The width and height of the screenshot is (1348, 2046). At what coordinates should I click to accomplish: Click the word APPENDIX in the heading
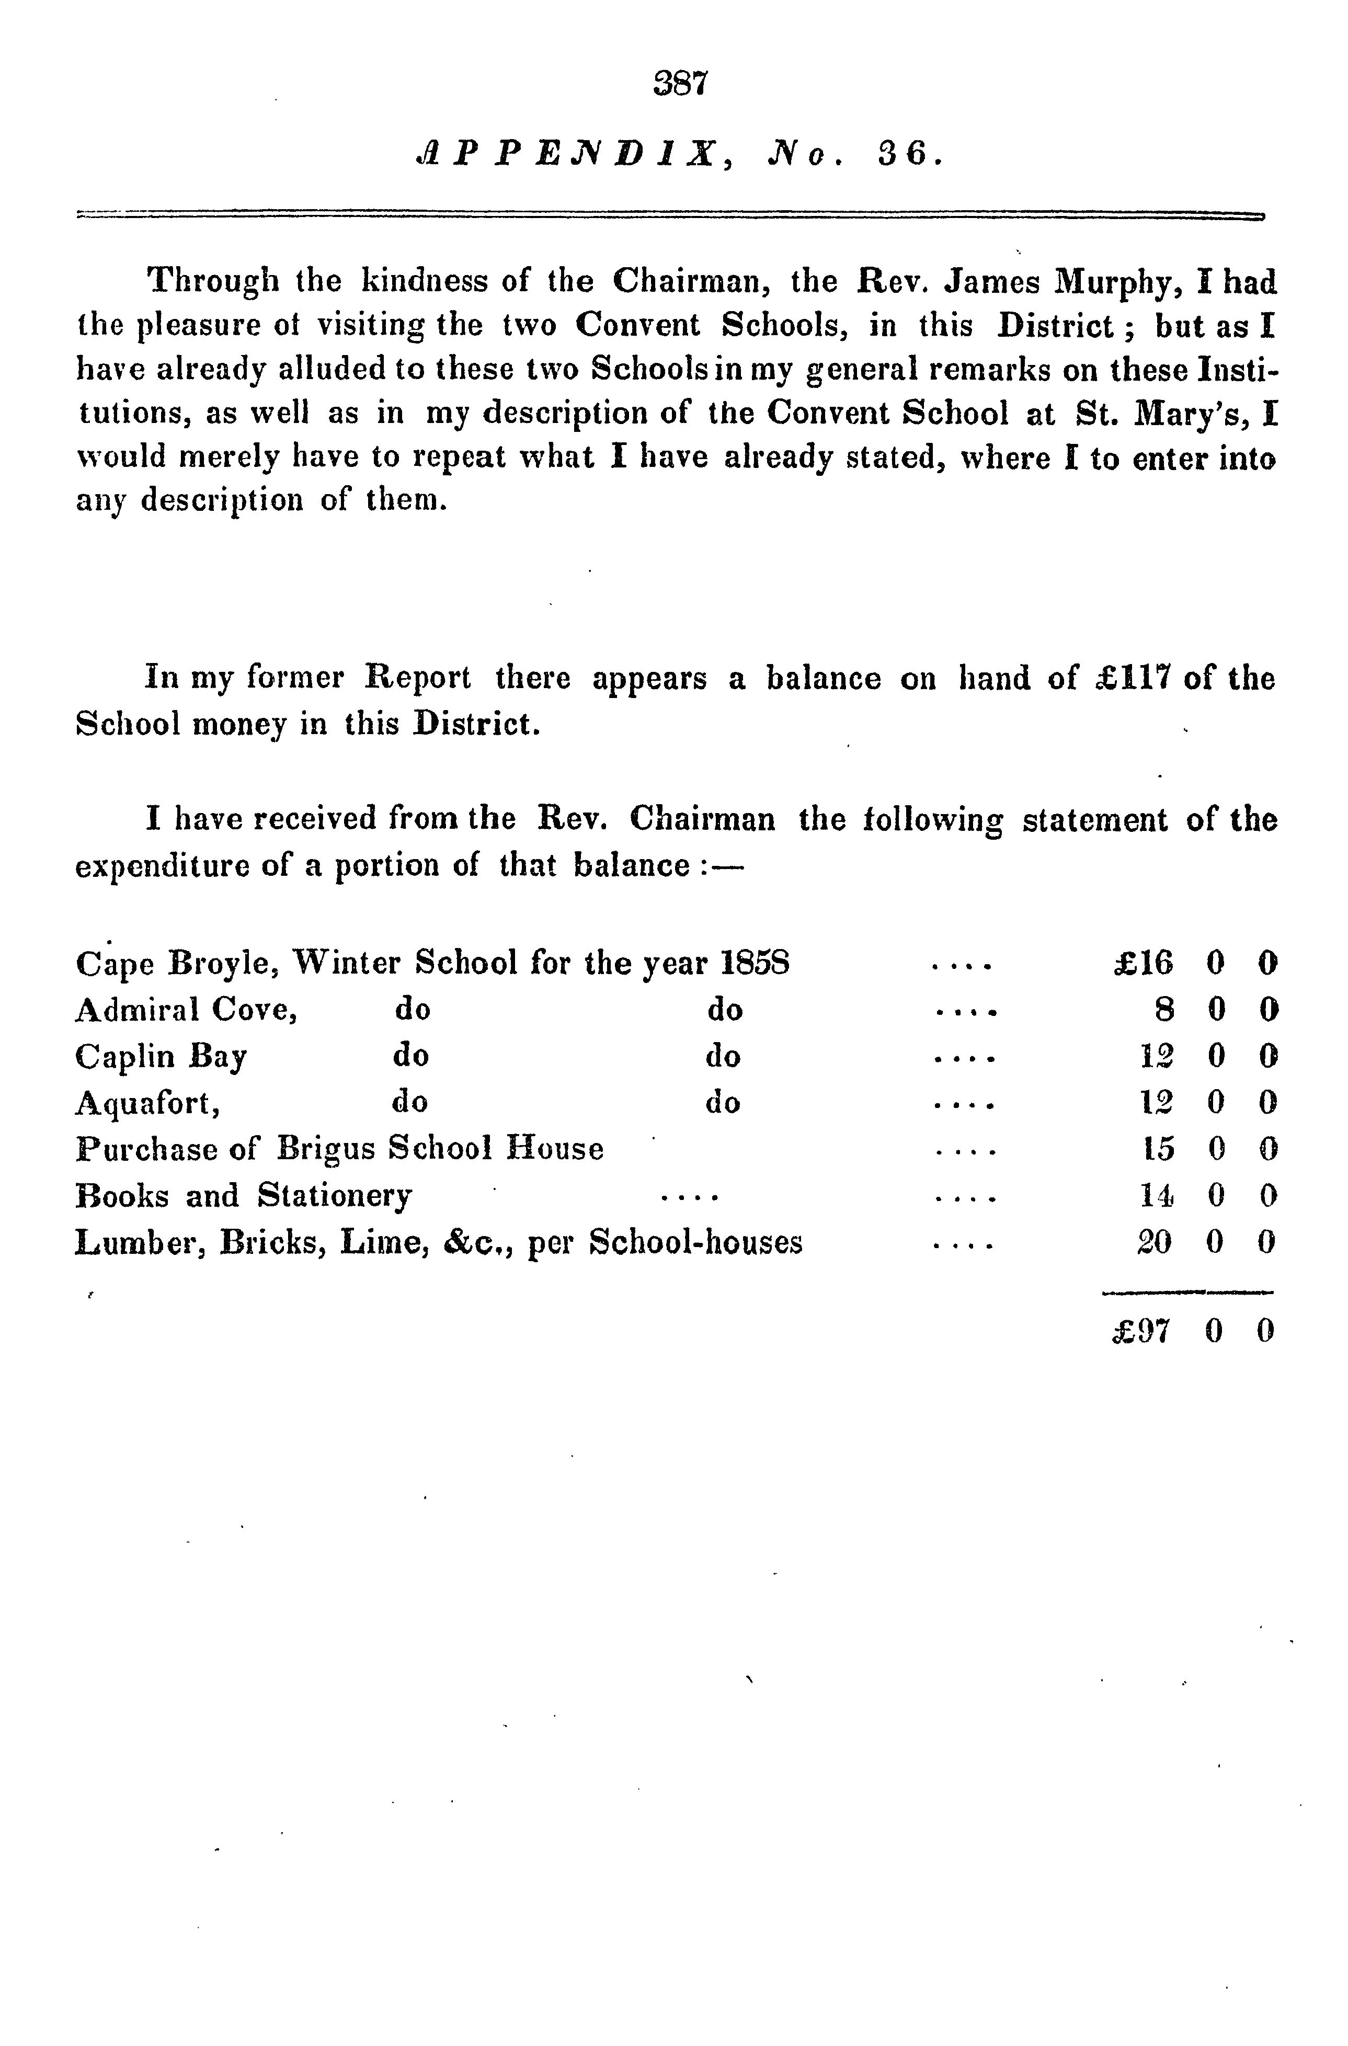(x=566, y=155)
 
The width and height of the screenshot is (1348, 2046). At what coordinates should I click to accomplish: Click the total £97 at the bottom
(x=1141, y=1332)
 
